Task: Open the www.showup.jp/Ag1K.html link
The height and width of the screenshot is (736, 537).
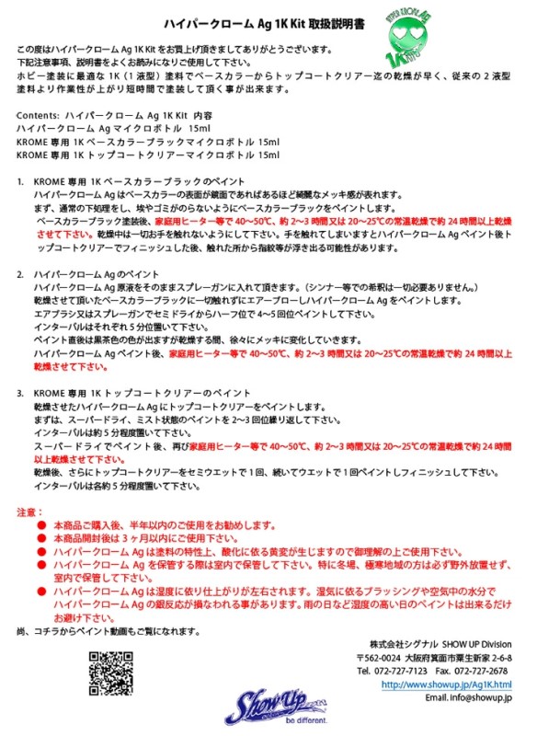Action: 446,685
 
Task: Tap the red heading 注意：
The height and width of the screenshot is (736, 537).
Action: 30,510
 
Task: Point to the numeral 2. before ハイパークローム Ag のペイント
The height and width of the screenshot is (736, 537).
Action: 22,274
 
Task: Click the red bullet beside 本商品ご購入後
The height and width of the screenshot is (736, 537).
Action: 42,524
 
